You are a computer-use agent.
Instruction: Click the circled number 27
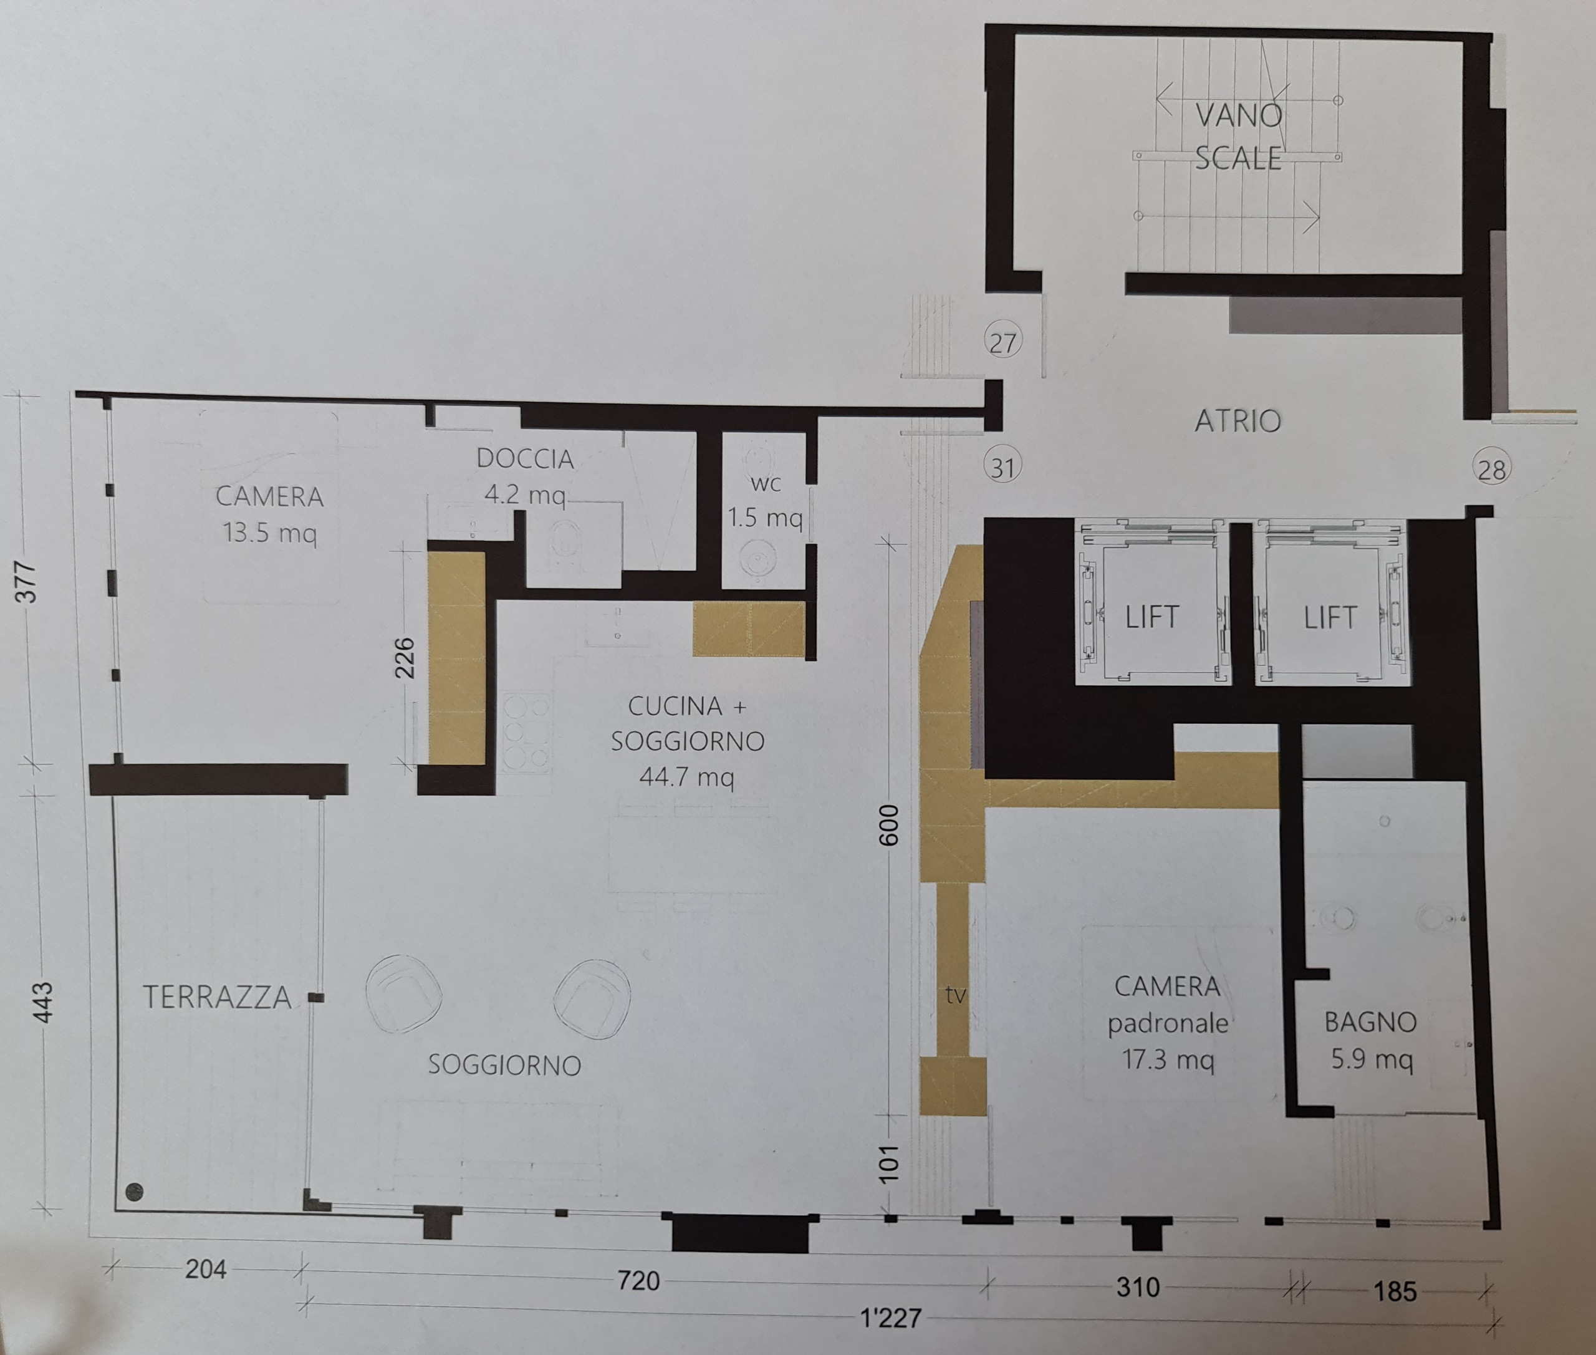pos(1003,342)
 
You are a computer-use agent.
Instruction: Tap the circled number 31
pos(1002,467)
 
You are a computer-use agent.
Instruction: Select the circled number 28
pos(1491,468)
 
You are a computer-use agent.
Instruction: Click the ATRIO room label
pos(1238,421)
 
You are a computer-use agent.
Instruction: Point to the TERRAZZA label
pos(218,997)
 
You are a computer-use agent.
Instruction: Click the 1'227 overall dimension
pos(891,1318)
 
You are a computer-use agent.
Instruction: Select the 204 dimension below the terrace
pos(206,1269)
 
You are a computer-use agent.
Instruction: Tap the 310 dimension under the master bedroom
pos(1138,1286)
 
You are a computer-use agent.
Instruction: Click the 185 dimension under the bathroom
pos(1395,1291)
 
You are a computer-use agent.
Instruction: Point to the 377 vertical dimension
pos(26,582)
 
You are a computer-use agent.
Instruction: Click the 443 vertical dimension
pos(43,1003)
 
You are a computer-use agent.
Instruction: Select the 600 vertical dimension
pos(888,826)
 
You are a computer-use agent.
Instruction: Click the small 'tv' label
pos(956,995)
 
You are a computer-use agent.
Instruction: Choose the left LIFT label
pos(1152,617)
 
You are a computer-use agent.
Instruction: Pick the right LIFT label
pos(1330,617)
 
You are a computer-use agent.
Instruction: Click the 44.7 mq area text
pos(686,776)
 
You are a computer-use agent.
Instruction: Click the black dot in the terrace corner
pos(135,1192)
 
